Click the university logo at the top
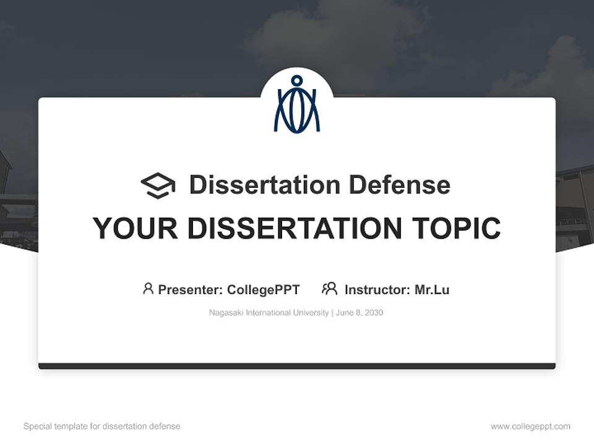pyautogui.click(x=297, y=104)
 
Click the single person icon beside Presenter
pyautogui.click(x=148, y=289)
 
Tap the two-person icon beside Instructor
pyautogui.click(x=330, y=289)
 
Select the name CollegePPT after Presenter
pyautogui.click(x=263, y=290)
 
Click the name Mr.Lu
pyautogui.click(x=432, y=290)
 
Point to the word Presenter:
pyautogui.click(x=191, y=290)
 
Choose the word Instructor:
pyautogui.click(x=377, y=290)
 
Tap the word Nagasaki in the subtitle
pyautogui.click(x=226, y=313)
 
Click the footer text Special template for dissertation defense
pyautogui.click(x=102, y=426)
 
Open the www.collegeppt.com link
pyautogui.click(x=530, y=426)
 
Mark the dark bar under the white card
pyautogui.click(x=297, y=367)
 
